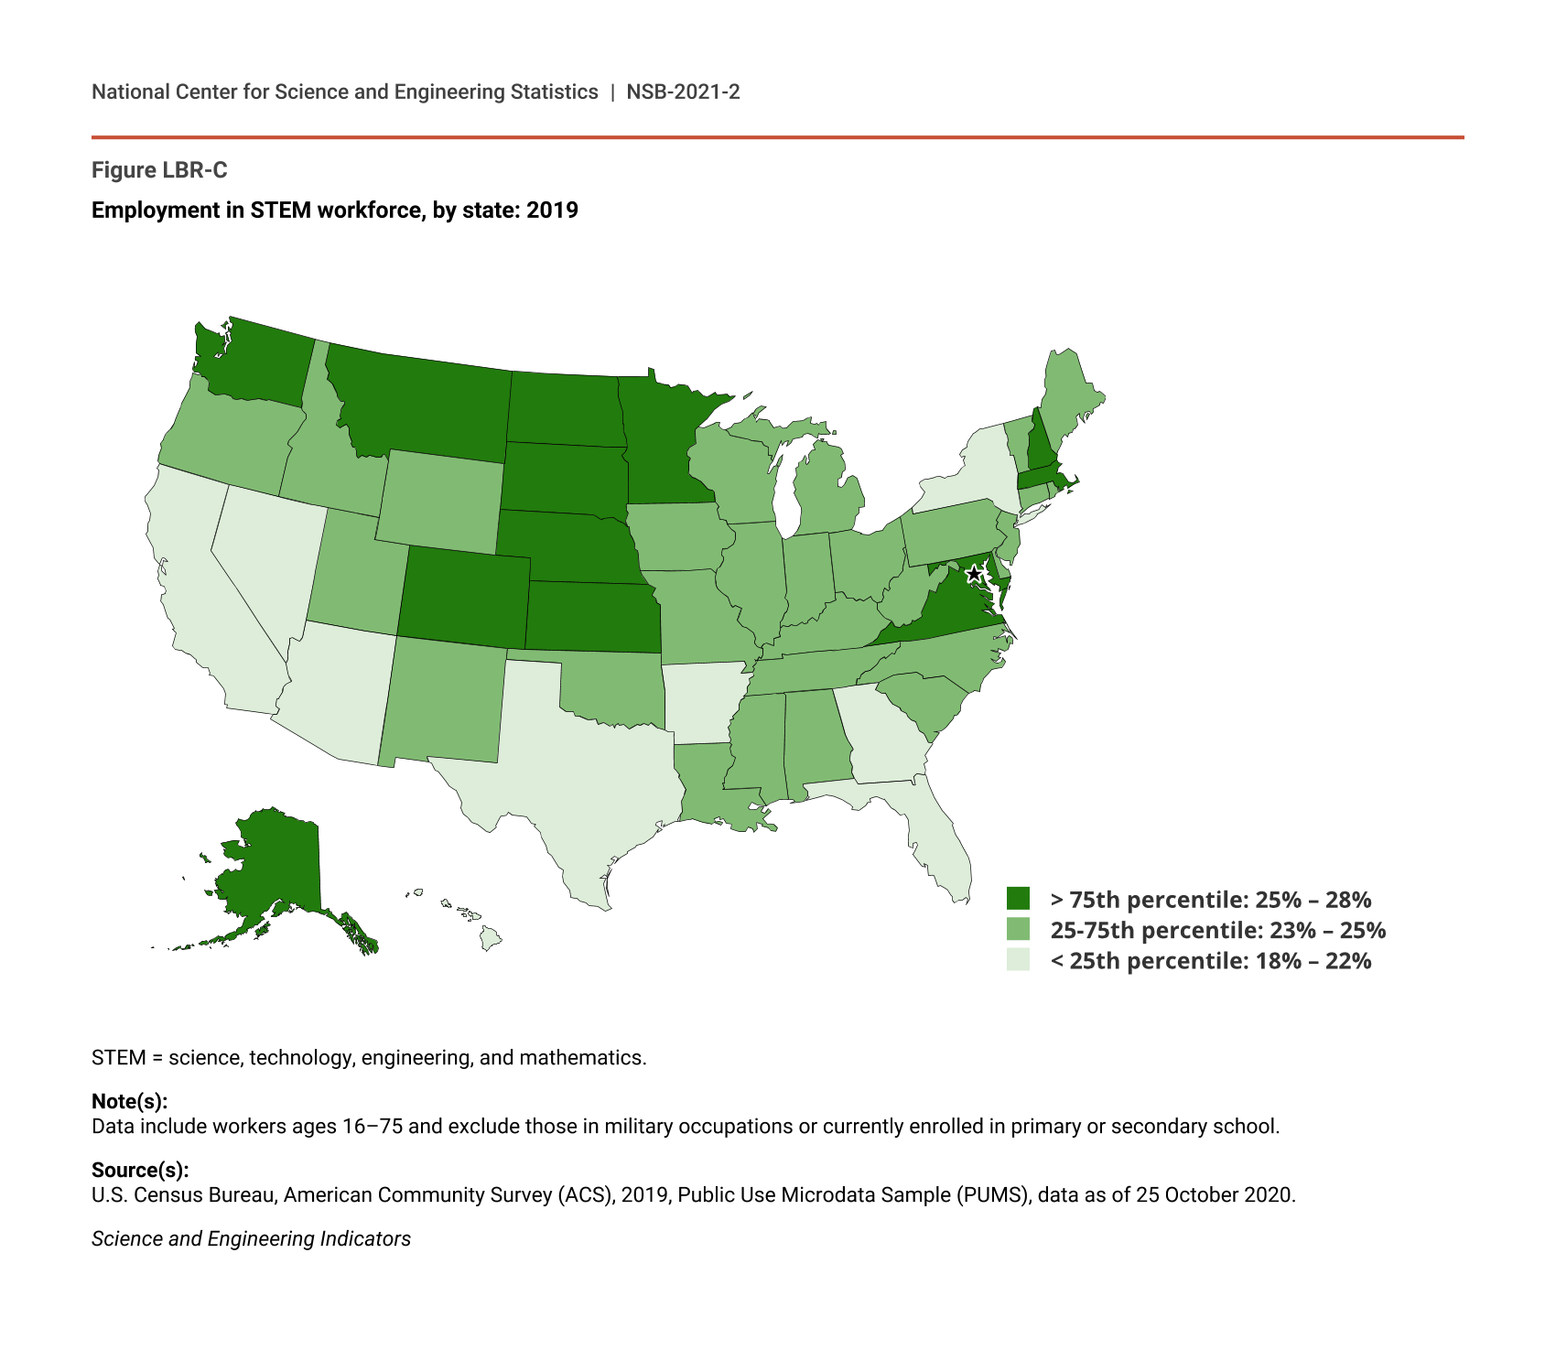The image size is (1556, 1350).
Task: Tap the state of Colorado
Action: [462, 595]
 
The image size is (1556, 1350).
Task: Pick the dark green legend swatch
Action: [1018, 898]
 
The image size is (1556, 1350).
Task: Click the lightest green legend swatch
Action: [1018, 959]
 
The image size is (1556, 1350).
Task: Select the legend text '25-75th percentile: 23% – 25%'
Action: [1217, 930]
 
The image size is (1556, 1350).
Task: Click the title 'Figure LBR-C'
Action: [159, 170]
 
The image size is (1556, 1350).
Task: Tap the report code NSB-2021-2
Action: [683, 92]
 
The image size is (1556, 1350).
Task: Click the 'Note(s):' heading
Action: [129, 1101]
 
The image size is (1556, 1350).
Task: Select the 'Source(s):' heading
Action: [140, 1170]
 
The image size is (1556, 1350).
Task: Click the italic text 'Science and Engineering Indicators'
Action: [251, 1238]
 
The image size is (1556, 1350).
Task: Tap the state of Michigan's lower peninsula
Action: [828, 494]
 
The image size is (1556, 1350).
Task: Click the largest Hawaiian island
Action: [492, 938]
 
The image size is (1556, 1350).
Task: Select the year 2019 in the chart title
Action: [552, 211]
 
